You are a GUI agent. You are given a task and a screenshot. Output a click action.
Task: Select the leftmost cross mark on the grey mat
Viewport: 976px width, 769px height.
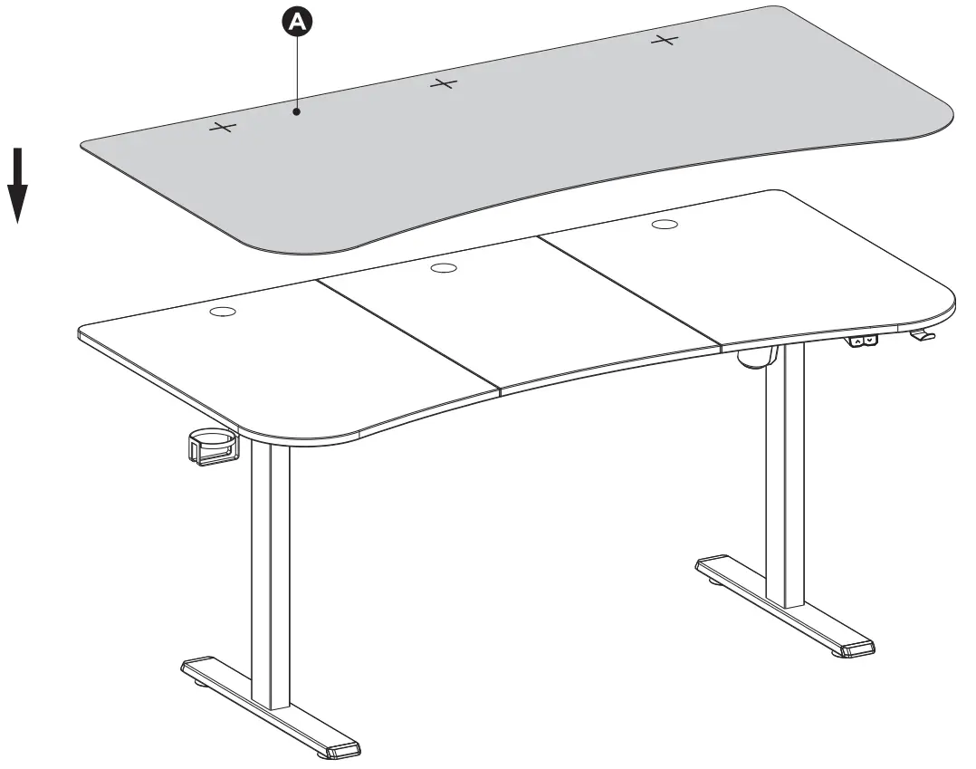pyautogui.click(x=221, y=128)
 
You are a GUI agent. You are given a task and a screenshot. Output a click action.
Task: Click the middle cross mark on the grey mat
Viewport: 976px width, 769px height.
pyautogui.click(x=443, y=84)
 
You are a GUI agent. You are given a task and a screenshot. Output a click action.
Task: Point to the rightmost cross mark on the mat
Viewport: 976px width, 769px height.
pyautogui.click(x=665, y=40)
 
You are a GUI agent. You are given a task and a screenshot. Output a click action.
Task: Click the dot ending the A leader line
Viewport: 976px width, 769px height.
pyautogui.click(x=297, y=111)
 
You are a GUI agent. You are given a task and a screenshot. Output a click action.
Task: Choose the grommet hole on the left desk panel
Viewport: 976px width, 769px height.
pyautogui.click(x=223, y=312)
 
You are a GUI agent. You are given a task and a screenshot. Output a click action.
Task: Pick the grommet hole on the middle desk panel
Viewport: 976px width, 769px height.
pyautogui.click(x=445, y=267)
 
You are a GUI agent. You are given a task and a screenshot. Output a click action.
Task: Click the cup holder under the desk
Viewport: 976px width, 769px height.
pyautogui.click(x=214, y=447)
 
